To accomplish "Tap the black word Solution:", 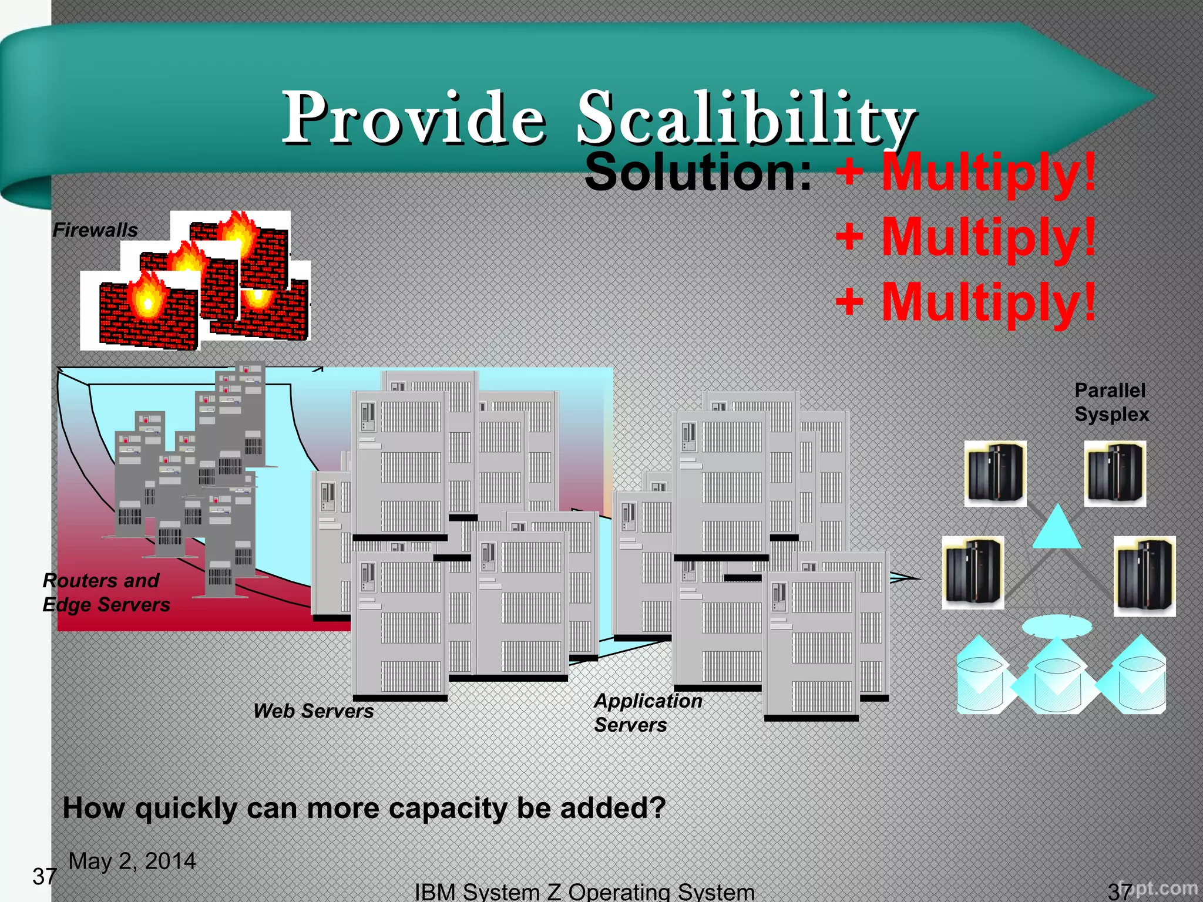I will coord(698,173).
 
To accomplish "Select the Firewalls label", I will coord(95,230).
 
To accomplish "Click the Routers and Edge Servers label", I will coord(106,593).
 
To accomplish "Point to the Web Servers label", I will coord(313,711).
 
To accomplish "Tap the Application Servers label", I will coord(647,712).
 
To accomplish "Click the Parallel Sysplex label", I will coord(1111,402).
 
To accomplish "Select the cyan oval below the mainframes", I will coord(1057,626).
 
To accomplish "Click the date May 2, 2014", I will coord(132,861).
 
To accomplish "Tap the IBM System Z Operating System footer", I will coord(584,891).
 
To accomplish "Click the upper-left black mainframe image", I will coord(996,473).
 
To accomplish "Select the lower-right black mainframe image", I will coord(1144,576).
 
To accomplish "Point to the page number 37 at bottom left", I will coord(44,877).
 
